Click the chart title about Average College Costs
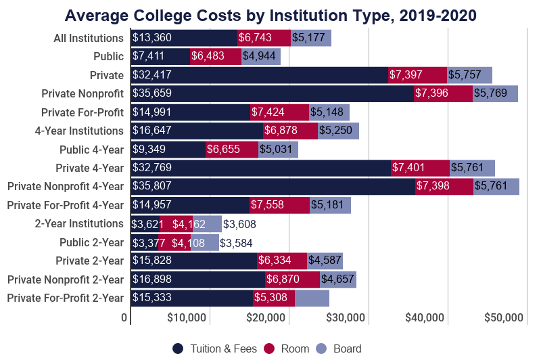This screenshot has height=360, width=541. click(x=270, y=14)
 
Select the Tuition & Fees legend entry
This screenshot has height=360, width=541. click(x=215, y=348)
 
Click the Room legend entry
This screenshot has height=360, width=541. click(x=287, y=348)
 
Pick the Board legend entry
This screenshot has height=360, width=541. click(x=339, y=348)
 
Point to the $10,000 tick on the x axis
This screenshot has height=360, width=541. click(x=186, y=317)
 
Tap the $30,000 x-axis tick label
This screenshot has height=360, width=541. click(x=346, y=317)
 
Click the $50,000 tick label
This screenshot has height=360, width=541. click(x=504, y=317)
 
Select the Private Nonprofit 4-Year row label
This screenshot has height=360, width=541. click(x=66, y=187)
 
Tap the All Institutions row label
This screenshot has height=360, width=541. click(x=89, y=39)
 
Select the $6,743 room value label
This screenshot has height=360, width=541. click(x=255, y=39)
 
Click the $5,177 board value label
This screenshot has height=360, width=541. click(x=308, y=39)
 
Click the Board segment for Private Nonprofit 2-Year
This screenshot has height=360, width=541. click(x=338, y=279)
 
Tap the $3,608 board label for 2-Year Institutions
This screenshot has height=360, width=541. click(x=239, y=224)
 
